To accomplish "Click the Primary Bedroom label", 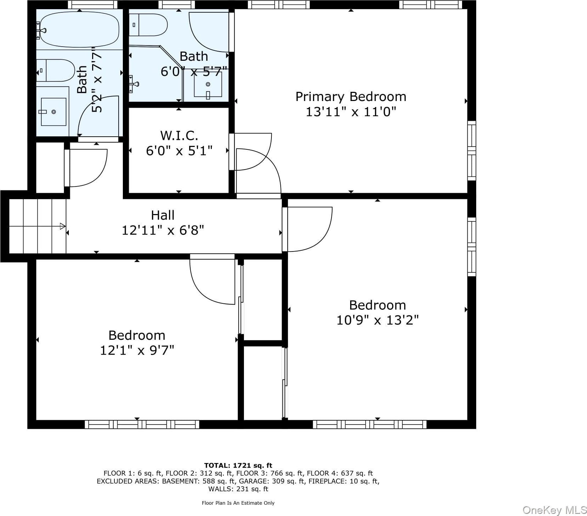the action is pyautogui.click(x=351, y=97).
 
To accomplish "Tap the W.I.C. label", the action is pyautogui.click(x=179, y=136).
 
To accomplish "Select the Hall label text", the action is pyautogui.click(x=163, y=215).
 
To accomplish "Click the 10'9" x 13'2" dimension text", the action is pyautogui.click(x=377, y=320).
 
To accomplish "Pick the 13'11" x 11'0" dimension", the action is pyautogui.click(x=351, y=112).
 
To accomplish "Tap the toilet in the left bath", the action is pyautogui.click(x=56, y=71).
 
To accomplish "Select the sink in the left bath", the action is pyautogui.click(x=54, y=112).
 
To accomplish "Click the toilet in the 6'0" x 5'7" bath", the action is pyautogui.click(x=148, y=25).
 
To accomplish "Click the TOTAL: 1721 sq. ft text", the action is pyautogui.click(x=238, y=465).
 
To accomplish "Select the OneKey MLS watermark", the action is pyautogui.click(x=555, y=510).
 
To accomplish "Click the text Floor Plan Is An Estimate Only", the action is pyautogui.click(x=238, y=503).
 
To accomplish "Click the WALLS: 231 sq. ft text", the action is pyautogui.click(x=238, y=489).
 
